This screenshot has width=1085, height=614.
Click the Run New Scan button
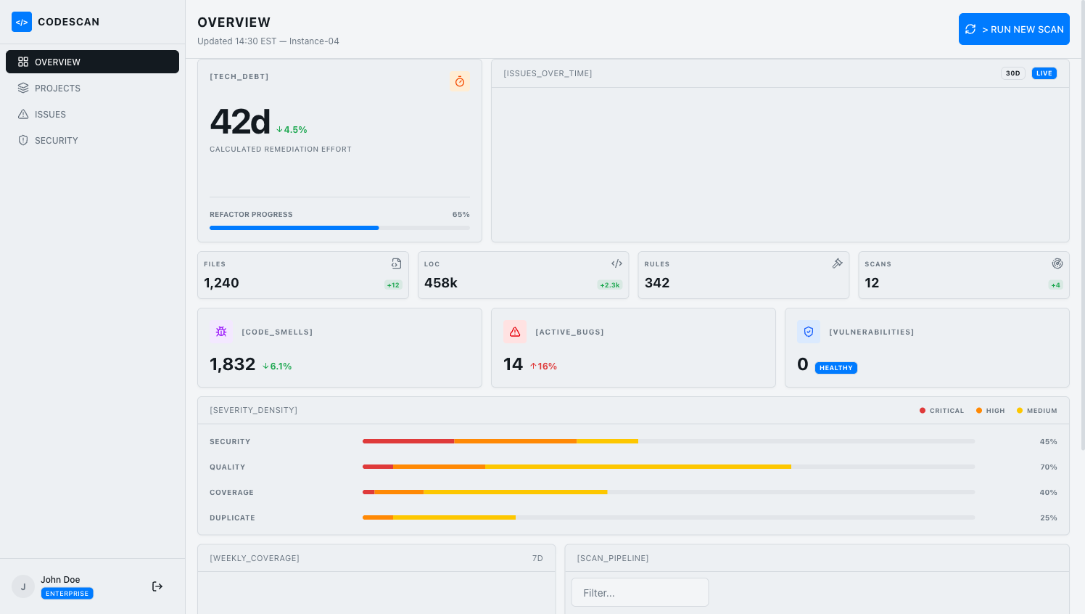coord(1014,29)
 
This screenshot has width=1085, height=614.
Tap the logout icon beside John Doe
coord(157,586)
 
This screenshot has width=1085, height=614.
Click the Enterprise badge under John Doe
coord(67,594)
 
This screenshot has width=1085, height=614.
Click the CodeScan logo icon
coord(22,22)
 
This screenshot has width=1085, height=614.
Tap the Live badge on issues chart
coord(1044,73)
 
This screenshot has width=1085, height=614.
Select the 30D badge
coord(1012,73)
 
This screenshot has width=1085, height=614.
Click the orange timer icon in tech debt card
coord(460,81)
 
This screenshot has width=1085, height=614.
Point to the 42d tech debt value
coord(240,121)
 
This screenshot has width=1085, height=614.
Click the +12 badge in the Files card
coord(393,285)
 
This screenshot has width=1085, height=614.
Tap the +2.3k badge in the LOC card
coord(609,285)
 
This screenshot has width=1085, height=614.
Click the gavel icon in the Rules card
coord(837,263)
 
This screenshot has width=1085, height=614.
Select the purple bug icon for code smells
coord(221,332)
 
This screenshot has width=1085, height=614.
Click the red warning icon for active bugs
coord(515,332)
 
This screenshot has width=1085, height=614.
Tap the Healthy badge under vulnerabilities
coord(836,368)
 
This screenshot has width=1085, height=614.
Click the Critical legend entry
coord(941,411)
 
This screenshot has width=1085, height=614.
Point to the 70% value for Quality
coord(1048,467)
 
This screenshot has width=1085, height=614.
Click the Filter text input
coord(640,593)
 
